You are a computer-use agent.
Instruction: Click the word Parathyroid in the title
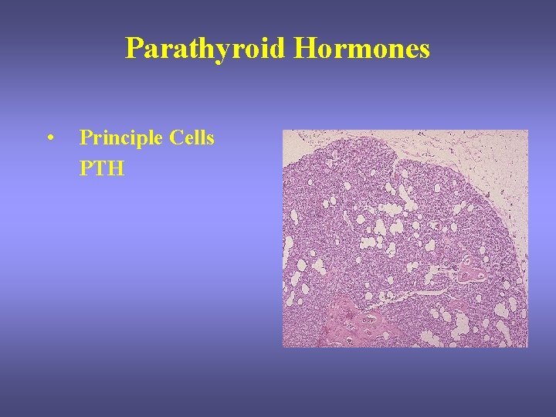(x=206, y=49)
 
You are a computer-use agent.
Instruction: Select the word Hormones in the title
(x=362, y=49)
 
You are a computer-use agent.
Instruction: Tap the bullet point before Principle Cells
(x=50, y=139)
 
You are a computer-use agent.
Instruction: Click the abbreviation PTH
(x=102, y=168)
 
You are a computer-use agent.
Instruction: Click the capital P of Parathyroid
(x=134, y=49)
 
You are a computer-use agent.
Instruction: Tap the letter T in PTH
(x=100, y=168)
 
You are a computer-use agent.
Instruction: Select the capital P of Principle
(x=86, y=138)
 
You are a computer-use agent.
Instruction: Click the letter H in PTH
(x=116, y=168)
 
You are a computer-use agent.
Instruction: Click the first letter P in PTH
(x=86, y=168)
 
